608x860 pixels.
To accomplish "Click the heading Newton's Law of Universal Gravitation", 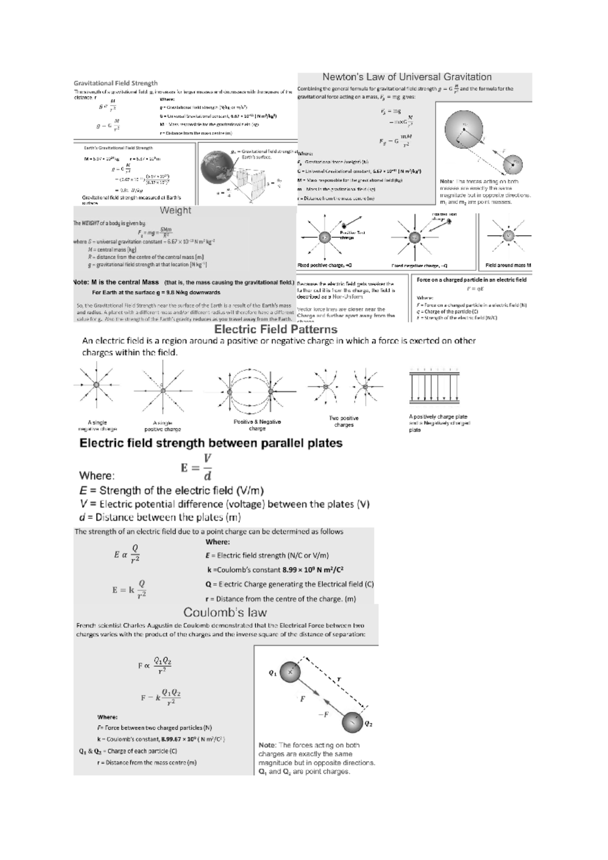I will coord(407,77).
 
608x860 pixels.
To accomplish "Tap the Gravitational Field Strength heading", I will coord(116,83).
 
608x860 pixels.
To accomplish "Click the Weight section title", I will coord(175,210).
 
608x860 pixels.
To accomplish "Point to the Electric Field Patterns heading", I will coord(276,329).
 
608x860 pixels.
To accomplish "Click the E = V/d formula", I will coord(197,467).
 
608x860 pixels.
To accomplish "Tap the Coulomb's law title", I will coord(225,612).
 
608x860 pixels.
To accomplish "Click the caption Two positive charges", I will coord(344,421).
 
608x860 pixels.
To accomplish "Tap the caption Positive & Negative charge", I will coord(257,425).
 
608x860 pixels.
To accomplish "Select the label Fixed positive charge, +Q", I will coord(324,265).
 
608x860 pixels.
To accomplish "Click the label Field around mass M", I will coord(508,265).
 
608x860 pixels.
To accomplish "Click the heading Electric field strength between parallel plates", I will coord(211,443).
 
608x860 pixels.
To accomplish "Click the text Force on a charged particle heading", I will coord(471,280).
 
